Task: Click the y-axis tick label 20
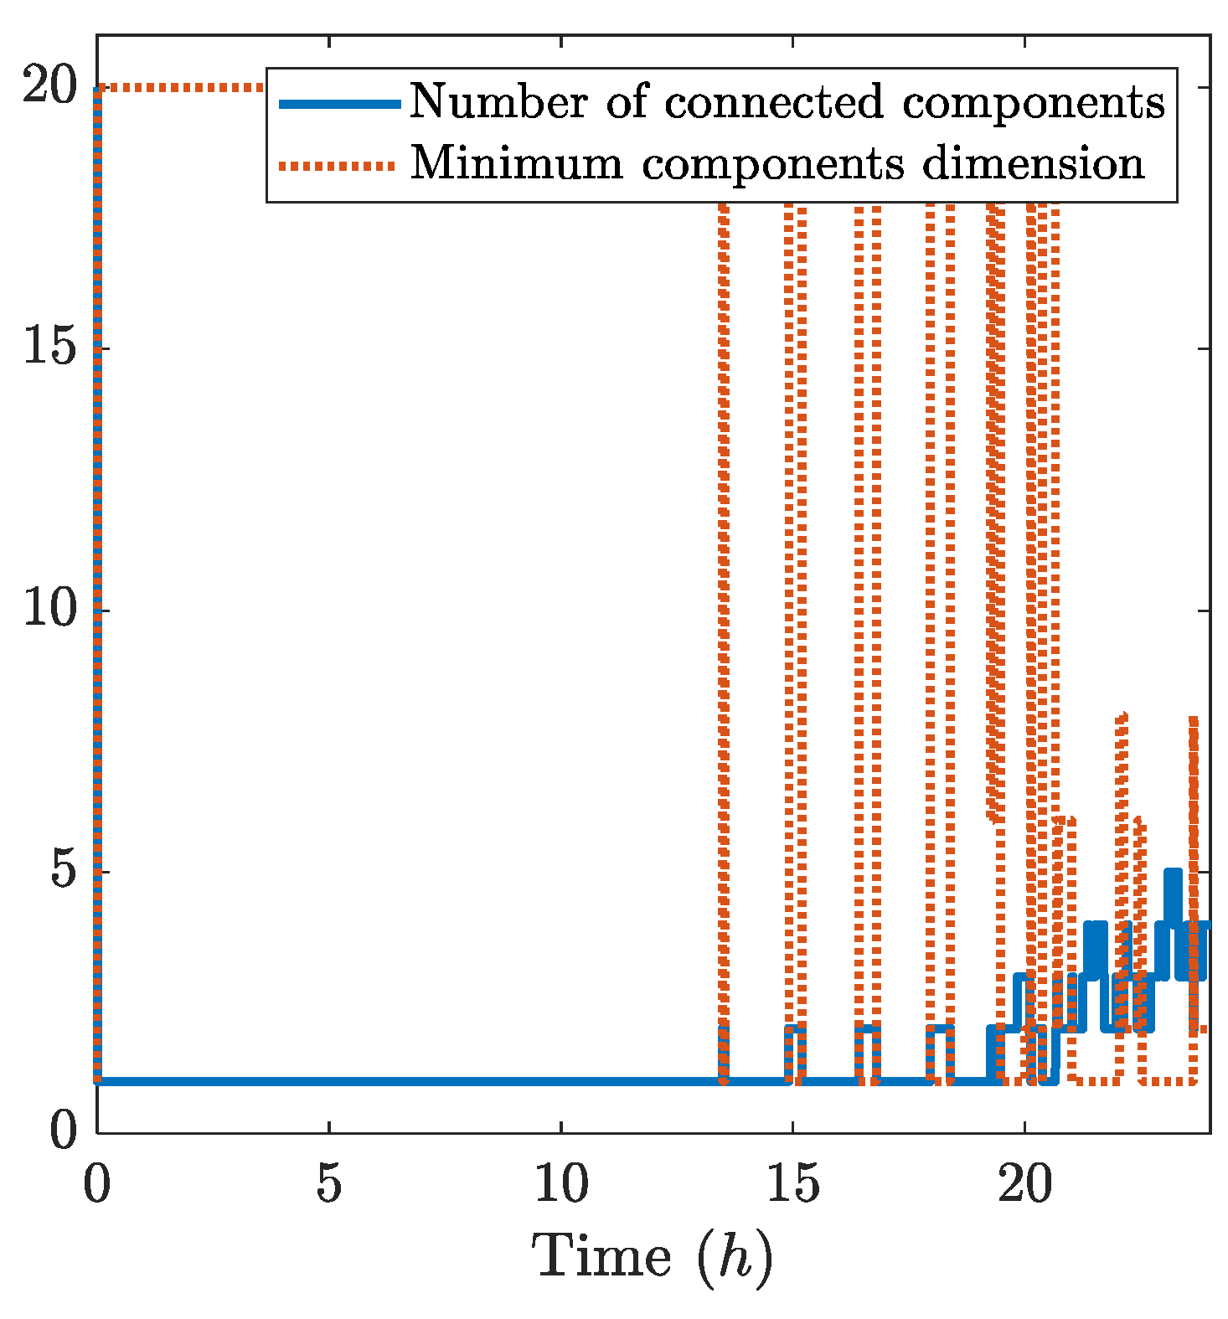[49, 88]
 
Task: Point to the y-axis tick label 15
[49, 349]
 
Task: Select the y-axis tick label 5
[64, 873]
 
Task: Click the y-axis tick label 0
[64, 1133]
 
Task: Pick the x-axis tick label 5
[329, 1186]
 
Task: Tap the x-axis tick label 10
[560, 1186]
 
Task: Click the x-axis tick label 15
[792, 1186]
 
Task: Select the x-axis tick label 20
[1024, 1186]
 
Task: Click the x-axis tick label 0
[98, 1186]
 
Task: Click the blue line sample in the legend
[339, 103]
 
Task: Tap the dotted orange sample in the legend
[339, 165]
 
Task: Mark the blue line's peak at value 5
[1173, 873]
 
